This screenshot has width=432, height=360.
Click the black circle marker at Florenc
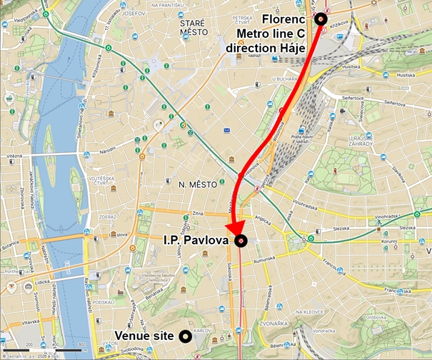pyautogui.click(x=321, y=20)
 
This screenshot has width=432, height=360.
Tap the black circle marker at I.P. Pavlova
pyautogui.click(x=242, y=241)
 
